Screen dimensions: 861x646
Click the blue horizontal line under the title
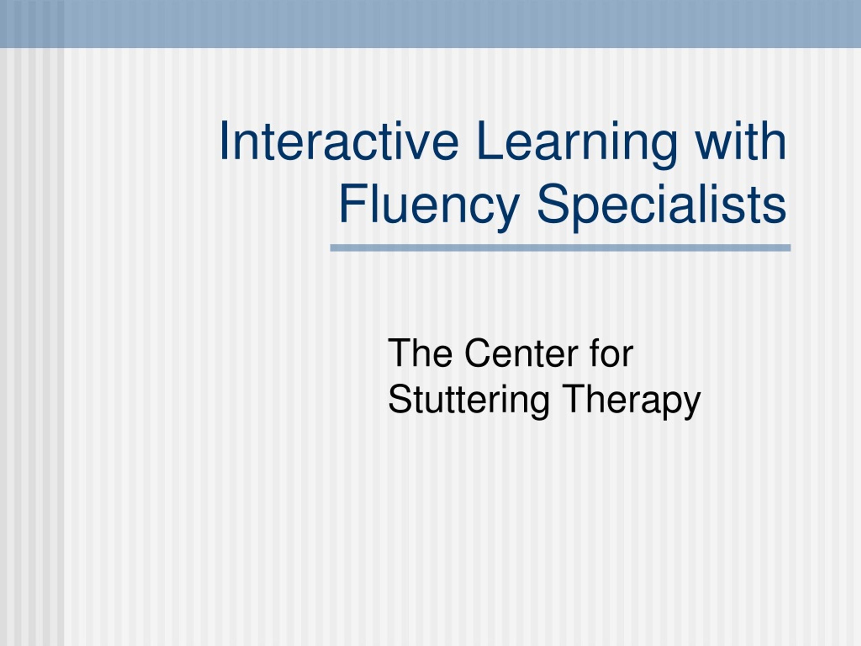tap(561, 248)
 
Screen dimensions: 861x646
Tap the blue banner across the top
tap(430, 24)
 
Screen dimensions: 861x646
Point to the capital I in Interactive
tap(223, 141)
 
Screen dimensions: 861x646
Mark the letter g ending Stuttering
tap(539, 408)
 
